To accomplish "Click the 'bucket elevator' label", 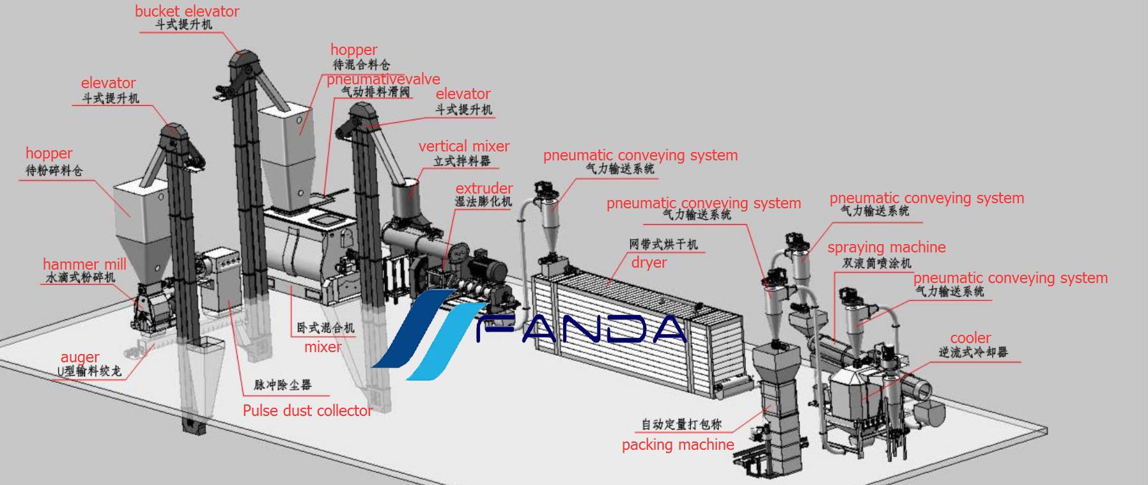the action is coord(187,12).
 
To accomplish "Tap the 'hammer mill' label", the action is coord(84,265).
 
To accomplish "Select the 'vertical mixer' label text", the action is coord(464,146).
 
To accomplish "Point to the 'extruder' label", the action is coord(484,189).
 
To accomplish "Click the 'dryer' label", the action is coord(649,263).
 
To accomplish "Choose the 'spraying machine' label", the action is coord(887,248).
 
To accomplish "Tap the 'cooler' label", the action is coord(970,338).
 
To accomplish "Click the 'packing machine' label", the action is coord(678,445).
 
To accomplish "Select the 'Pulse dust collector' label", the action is coord(307,410).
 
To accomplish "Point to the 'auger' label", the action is coord(80,358).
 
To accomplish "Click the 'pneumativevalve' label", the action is coord(384,79).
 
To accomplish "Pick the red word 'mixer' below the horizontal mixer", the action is coord(323,347).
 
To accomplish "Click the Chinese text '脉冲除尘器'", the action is coord(283,385).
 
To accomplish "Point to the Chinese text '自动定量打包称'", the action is coord(681,424).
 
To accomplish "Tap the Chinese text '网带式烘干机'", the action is coord(663,244).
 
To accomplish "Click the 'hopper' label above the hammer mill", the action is coord(49,153).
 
